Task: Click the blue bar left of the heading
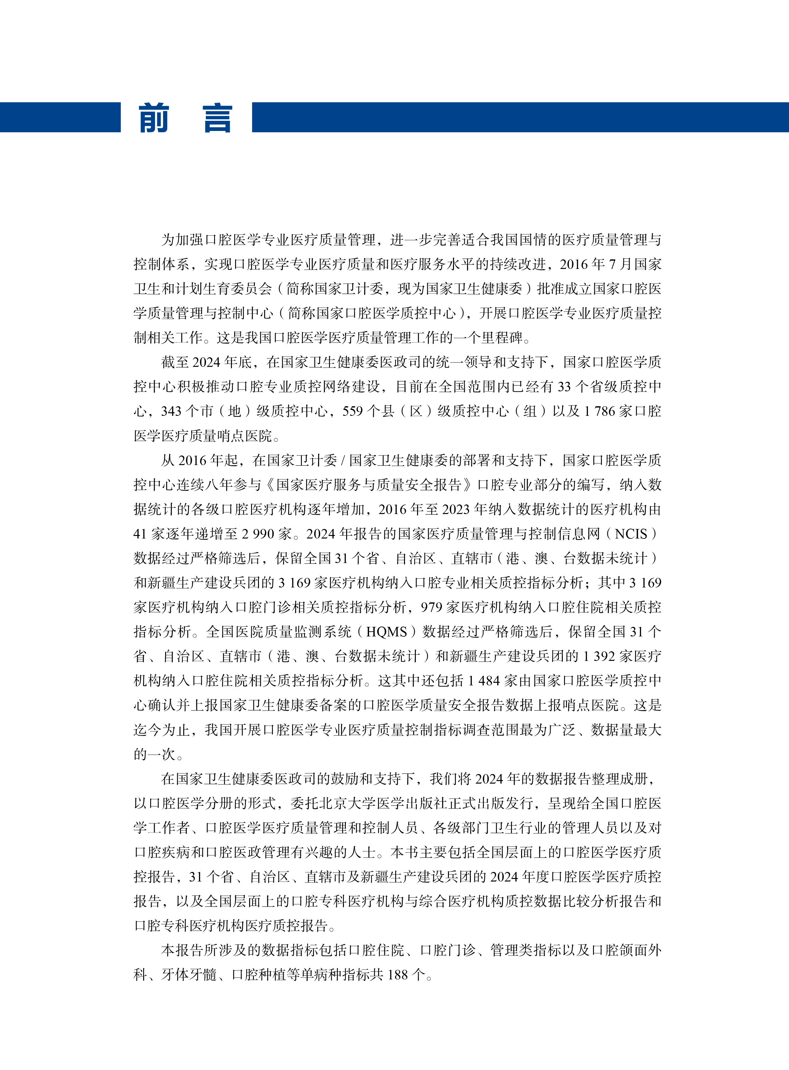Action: (60, 117)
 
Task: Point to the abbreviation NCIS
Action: (631, 533)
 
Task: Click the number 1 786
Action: (599, 411)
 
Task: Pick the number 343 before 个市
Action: (171, 411)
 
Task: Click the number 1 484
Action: (483, 681)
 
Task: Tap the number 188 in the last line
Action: (397, 975)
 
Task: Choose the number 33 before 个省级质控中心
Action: (563, 387)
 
